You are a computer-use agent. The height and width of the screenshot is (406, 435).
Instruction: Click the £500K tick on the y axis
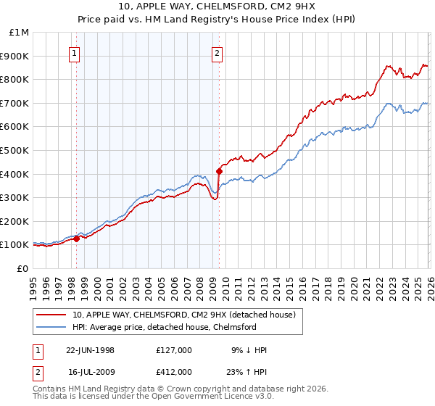click(x=14, y=150)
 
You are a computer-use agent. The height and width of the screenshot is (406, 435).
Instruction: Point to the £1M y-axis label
click(x=19, y=32)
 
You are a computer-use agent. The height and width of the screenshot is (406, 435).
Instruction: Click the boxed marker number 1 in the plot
click(x=76, y=52)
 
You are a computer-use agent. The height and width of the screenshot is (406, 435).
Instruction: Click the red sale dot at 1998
click(x=77, y=239)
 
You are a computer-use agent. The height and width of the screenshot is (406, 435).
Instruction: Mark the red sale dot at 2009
click(x=218, y=171)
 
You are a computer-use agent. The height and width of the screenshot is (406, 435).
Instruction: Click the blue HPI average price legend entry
click(x=170, y=327)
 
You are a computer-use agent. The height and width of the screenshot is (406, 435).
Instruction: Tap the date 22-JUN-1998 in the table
click(x=90, y=350)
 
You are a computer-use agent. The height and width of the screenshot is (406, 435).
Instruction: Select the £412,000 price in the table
click(x=174, y=371)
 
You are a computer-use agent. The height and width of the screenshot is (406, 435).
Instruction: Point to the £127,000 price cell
click(x=174, y=350)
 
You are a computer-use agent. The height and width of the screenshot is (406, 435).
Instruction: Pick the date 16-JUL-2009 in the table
click(x=90, y=371)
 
